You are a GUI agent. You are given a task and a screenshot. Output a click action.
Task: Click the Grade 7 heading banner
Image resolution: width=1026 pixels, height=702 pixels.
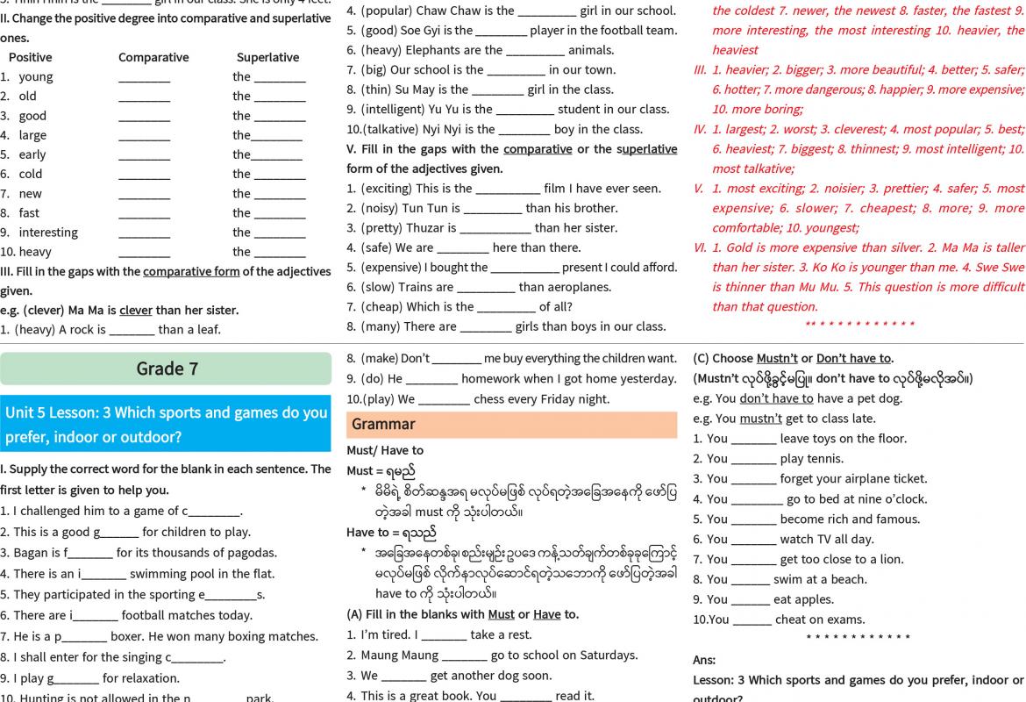pos(167,369)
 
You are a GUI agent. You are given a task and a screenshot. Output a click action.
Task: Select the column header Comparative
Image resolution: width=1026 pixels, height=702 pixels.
pos(153,57)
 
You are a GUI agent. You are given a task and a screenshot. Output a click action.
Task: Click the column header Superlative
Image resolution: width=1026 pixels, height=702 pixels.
pos(267,57)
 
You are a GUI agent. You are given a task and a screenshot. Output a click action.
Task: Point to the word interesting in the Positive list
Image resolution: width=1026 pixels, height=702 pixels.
pos(48,233)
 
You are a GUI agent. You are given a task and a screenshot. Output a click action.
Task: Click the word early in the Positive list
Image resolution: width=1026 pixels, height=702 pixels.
pos(32,154)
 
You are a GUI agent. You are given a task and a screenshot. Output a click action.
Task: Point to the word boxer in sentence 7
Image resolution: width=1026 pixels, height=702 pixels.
pos(129,636)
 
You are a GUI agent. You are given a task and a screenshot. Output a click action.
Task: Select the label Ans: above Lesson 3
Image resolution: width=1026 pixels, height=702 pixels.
pos(704,660)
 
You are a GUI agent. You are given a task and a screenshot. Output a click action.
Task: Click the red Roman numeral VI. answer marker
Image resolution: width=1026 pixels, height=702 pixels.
pos(700,247)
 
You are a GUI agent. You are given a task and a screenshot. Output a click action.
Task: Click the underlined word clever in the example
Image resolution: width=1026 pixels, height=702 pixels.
pos(136,311)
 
